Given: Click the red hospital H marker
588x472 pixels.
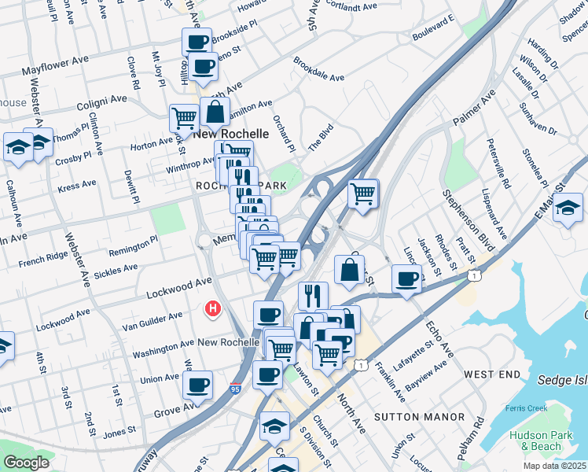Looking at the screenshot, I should (211, 310).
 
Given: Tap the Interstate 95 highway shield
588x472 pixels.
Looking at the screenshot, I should (235, 388).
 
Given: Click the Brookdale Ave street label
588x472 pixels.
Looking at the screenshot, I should (319, 69).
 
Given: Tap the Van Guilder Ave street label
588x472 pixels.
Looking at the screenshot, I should (152, 321).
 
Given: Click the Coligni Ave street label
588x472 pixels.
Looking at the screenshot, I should (102, 100).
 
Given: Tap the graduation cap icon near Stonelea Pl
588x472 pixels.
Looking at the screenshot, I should (568, 209).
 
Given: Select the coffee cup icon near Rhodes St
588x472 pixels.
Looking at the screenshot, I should (406, 278).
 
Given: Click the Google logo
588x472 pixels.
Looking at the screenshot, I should (26, 463).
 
